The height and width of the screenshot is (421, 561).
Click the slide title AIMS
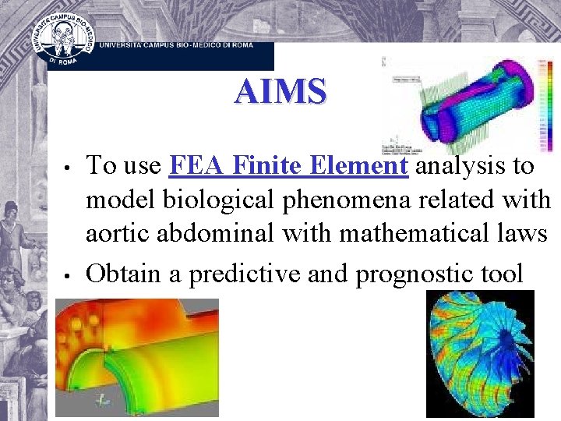tap(280, 92)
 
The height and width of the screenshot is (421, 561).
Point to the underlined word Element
tap(359, 166)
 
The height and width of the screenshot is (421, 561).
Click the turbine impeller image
tap(480, 354)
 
